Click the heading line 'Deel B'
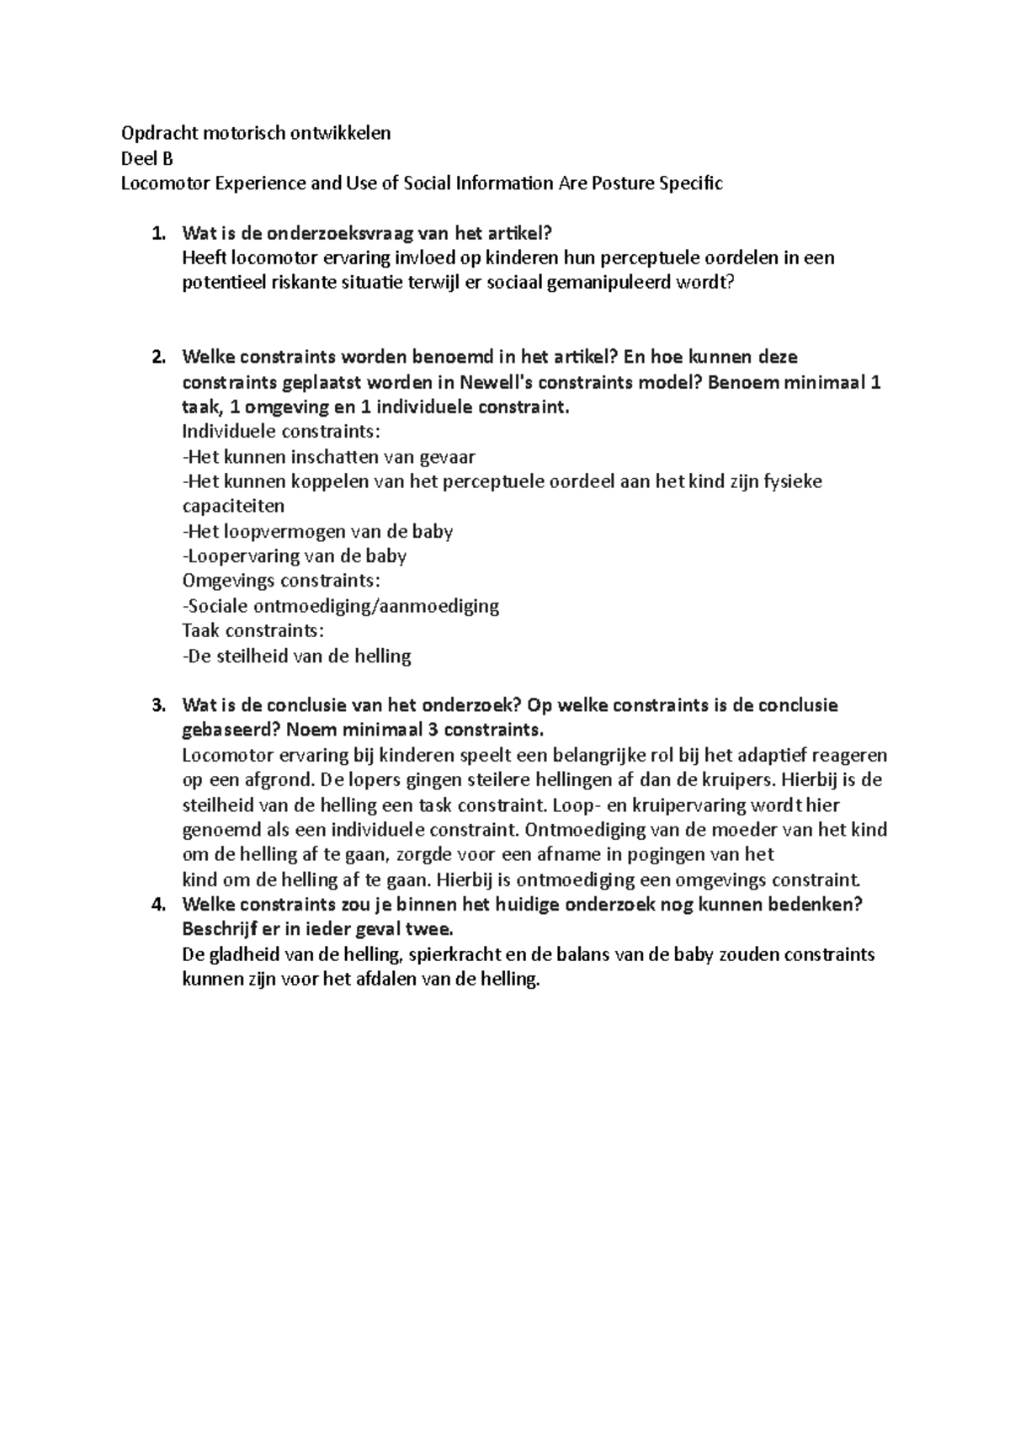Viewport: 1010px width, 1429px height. coord(146,158)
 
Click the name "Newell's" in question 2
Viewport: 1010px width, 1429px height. coord(500,382)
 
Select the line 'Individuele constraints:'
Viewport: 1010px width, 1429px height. coord(281,432)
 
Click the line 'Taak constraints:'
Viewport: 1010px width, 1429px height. coord(252,631)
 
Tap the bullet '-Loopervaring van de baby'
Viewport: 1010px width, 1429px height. coord(295,556)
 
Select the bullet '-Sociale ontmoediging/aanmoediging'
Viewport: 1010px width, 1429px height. coord(340,606)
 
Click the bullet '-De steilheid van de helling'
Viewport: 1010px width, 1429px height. coord(296,656)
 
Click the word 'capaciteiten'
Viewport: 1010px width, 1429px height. coord(233,507)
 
